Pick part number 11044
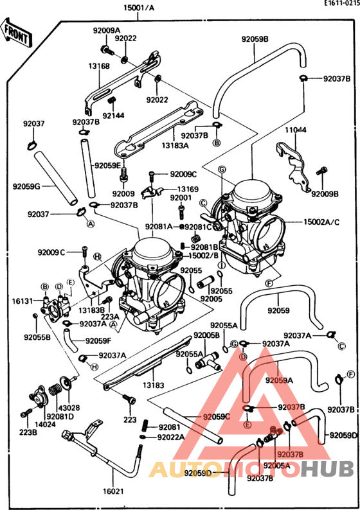[296, 130]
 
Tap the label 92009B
[325, 193]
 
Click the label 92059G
[26, 187]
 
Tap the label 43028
[69, 408]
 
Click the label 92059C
[216, 417]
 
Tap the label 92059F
[98, 340]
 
